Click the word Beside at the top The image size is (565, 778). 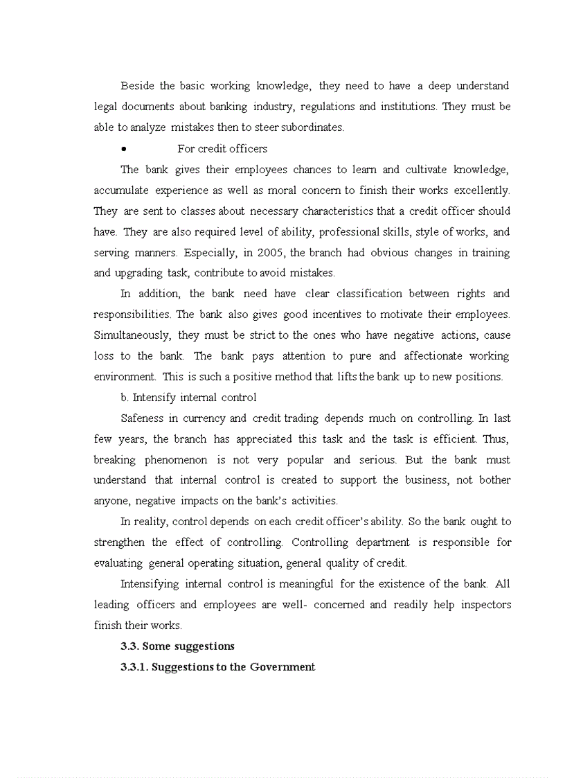pyautogui.click(x=137, y=86)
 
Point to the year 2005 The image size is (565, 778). pyautogui.click(x=273, y=252)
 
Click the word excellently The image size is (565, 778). pyautogui.click(x=481, y=190)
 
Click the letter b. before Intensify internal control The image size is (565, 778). pyautogui.click(x=125, y=398)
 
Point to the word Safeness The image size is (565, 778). pyautogui.click(x=143, y=418)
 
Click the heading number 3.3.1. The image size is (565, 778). pyautogui.click(x=134, y=667)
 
